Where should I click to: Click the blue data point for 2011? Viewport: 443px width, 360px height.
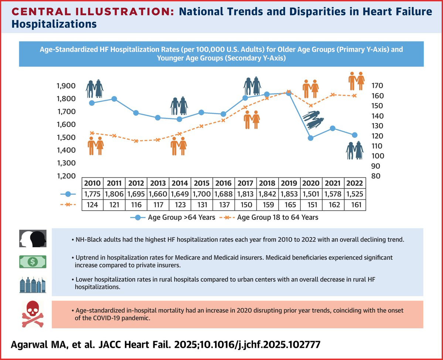coord(114,99)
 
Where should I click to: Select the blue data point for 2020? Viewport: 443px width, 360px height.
coord(310,138)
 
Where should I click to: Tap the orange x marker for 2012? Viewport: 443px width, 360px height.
coord(136,141)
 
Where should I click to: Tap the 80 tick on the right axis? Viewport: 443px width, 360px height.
coord(375,176)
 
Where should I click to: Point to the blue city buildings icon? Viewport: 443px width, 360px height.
coord(33,285)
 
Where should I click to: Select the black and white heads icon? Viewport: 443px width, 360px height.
coord(33,238)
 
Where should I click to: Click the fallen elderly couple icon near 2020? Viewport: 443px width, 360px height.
coord(313,119)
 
